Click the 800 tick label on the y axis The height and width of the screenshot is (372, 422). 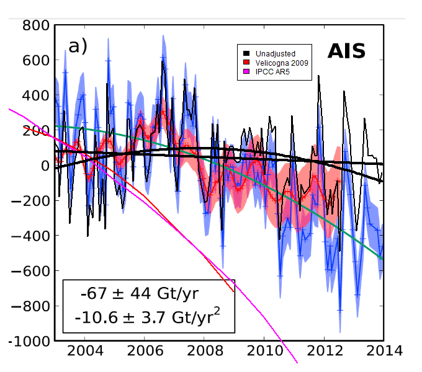35,26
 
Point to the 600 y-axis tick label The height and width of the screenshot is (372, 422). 35,61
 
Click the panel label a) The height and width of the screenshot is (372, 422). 78,46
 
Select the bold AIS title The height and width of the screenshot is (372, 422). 346,51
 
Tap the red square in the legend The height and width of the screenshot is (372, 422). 246,63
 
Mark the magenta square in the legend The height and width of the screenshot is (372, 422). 246,72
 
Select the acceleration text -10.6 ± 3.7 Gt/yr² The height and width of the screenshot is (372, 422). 146,319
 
